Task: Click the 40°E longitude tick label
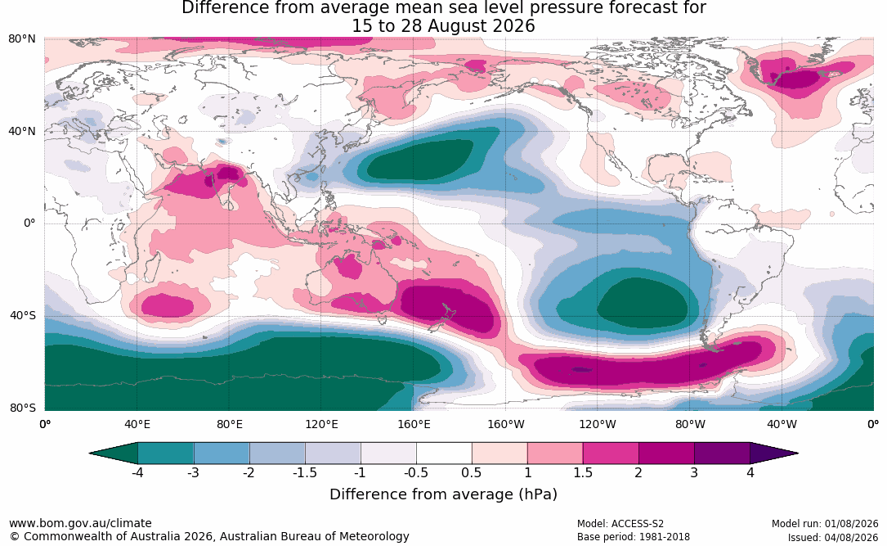pyautogui.click(x=137, y=424)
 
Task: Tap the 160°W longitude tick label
pyautogui.click(x=506, y=424)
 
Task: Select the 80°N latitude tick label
pyautogui.click(x=21, y=38)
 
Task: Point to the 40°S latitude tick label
pyautogui.click(x=23, y=315)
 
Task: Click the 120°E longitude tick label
pyautogui.click(x=321, y=424)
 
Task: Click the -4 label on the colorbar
pyautogui.click(x=137, y=472)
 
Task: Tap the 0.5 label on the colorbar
pyautogui.click(x=471, y=472)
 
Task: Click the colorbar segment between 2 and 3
pyautogui.click(x=666, y=453)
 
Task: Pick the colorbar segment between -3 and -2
pyautogui.click(x=222, y=453)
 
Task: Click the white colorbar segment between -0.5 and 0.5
pyautogui.click(x=444, y=453)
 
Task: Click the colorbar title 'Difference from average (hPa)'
pyautogui.click(x=443, y=494)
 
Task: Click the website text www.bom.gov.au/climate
pyautogui.click(x=80, y=523)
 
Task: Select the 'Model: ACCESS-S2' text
pyautogui.click(x=620, y=524)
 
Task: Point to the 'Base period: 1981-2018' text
pyautogui.click(x=634, y=537)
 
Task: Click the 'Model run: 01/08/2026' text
pyautogui.click(x=825, y=524)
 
